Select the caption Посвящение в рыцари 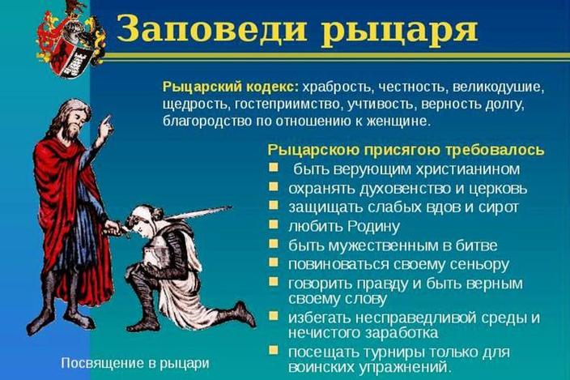coord(135,363)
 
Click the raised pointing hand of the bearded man coord(105,126)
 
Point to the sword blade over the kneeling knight coord(198,212)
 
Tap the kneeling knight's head coord(142,218)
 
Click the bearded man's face coord(74,120)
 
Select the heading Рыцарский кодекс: coord(230,88)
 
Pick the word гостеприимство coord(287,105)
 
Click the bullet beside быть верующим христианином coord(274,167)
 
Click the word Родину coord(374,226)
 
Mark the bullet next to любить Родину coord(274,224)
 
